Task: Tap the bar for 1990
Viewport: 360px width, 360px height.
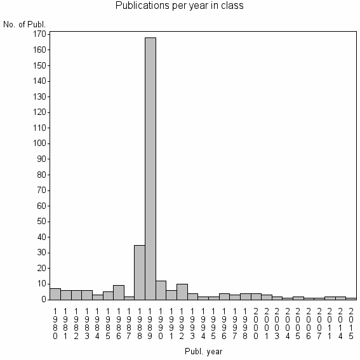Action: tap(161, 290)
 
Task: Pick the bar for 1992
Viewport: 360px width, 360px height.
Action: tap(182, 291)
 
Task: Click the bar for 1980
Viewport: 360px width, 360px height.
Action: tap(55, 293)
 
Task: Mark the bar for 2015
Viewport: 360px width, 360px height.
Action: tap(351, 298)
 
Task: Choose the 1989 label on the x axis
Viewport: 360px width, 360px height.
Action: tap(150, 322)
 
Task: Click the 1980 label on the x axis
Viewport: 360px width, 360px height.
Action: tap(55, 322)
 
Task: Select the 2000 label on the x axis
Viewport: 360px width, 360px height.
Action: tap(256, 322)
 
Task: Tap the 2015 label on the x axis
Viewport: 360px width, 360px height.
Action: tap(351, 322)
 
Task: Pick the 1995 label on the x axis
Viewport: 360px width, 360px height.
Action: tap(214, 322)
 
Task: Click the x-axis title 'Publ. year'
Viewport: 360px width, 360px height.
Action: tap(203, 350)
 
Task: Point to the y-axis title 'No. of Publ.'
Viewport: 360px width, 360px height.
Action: tap(25, 25)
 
